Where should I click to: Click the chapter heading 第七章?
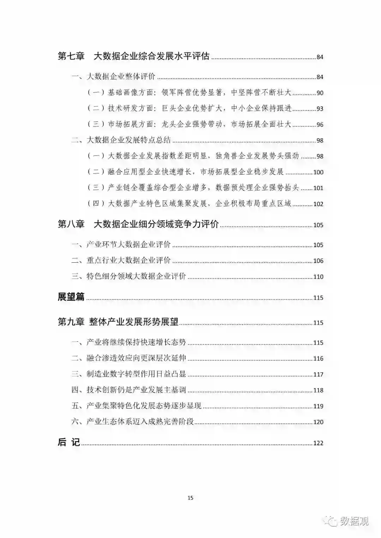pyautogui.click(x=71, y=56)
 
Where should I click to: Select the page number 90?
pyautogui.click(x=320, y=93)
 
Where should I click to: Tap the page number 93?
pyautogui.click(x=320, y=109)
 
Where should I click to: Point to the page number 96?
pyautogui.click(x=320, y=125)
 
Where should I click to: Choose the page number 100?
pyautogui.click(x=318, y=172)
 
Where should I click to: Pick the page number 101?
pyautogui.click(x=318, y=188)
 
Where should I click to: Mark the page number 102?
pyautogui.click(x=318, y=204)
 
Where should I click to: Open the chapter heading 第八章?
pyautogui.click(x=71, y=224)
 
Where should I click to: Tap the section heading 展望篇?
pyautogui.click(x=71, y=297)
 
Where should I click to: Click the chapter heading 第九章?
pyautogui.click(x=71, y=322)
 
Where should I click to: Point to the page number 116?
pyautogui.click(x=318, y=359)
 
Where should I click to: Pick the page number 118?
pyautogui.click(x=318, y=390)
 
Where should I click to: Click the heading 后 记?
pyautogui.click(x=69, y=442)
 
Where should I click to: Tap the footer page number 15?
pyautogui.click(x=190, y=498)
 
